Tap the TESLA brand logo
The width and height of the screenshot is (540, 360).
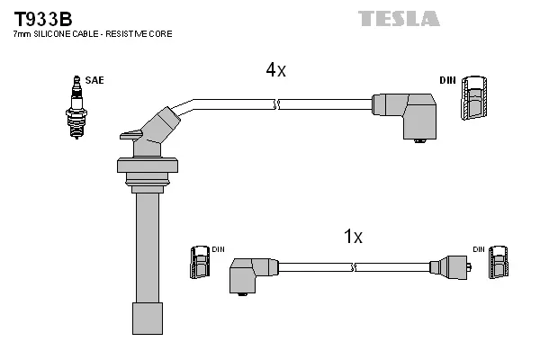399,18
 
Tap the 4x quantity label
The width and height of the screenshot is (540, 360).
275,69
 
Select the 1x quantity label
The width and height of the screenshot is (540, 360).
353,237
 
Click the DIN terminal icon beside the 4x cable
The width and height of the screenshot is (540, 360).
477,99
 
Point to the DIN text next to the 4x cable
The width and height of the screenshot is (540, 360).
447,80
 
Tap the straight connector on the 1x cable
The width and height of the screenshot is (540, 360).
450,267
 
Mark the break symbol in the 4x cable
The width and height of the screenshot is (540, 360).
278,105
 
